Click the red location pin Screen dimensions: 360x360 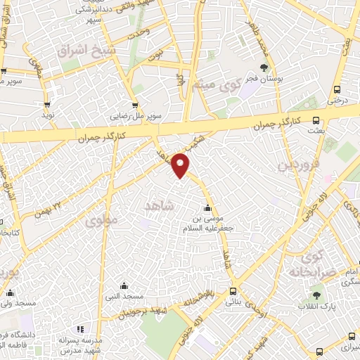(181, 164)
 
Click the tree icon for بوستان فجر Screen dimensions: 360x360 (264, 68)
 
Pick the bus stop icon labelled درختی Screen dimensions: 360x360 (337, 89)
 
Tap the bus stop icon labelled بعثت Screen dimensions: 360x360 (315, 120)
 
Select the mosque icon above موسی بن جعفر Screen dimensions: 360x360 (207, 208)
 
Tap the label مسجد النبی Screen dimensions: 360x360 (124, 297)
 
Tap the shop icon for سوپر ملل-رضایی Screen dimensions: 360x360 (134, 105)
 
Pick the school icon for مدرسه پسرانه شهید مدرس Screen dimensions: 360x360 (79, 329)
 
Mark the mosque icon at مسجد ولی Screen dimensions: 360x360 (10, 292)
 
